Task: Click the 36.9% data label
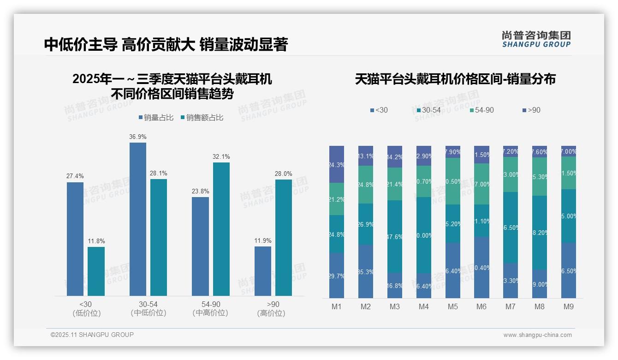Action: (x=138, y=137)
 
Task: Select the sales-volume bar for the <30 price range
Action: (x=75, y=239)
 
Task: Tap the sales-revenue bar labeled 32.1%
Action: (x=221, y=229)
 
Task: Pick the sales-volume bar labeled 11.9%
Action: (x=263, y=271)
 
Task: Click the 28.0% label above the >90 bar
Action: (x=284, y=174)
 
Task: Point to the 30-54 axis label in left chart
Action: (x=148, y=305)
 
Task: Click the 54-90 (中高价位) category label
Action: (x=210, y=309)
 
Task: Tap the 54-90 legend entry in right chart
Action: (x=481, y=110)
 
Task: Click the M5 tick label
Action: (x=453, y=307)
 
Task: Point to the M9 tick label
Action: (x=568, y=307)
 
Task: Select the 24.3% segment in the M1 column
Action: (x=337, y=164)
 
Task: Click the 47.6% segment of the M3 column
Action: (x=395, y=236)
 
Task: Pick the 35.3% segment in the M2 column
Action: (x=366, y=271)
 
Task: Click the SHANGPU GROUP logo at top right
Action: (x=536, y=39)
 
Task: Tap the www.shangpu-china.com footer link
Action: (x=537, y=335)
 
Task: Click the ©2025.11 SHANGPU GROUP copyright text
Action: (x=92, y=335)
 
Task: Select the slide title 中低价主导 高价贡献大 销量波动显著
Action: (x=166, y=45)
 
